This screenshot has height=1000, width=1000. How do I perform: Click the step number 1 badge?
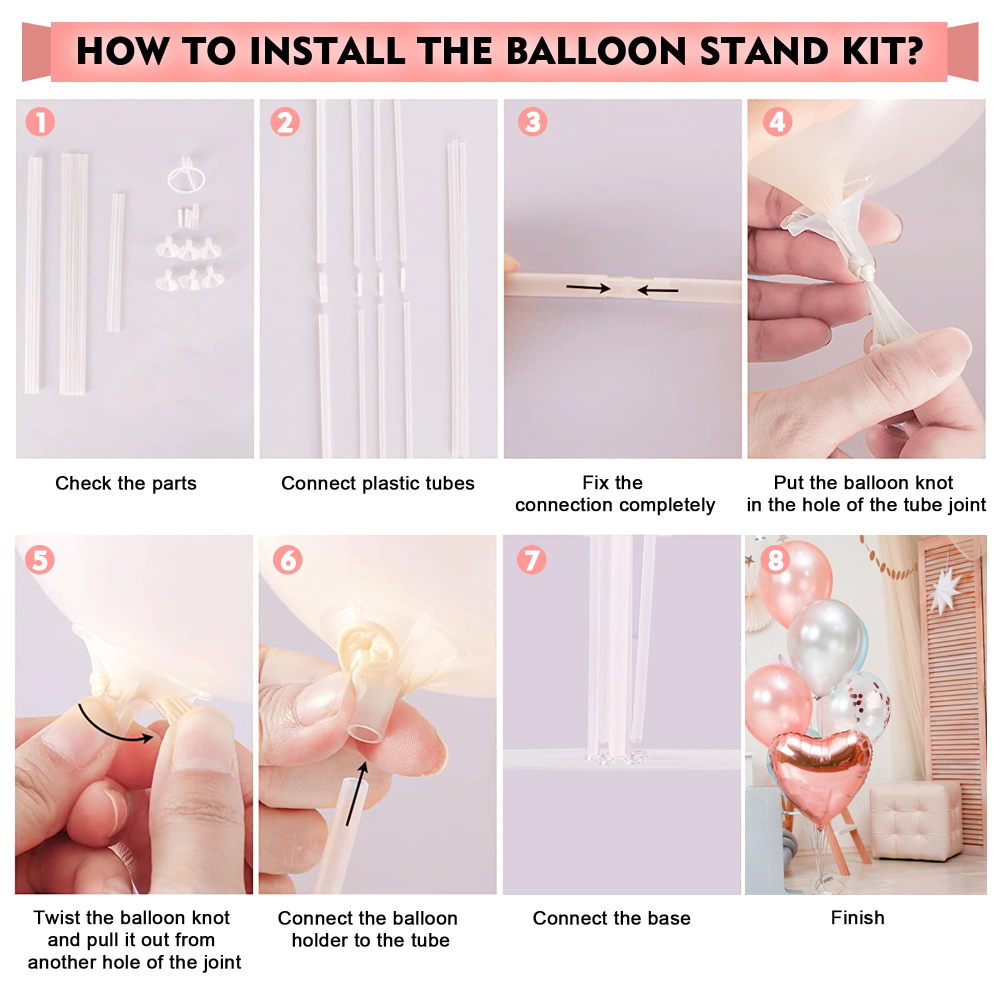click(40, 122)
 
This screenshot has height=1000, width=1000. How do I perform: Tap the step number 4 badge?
click(777, 122)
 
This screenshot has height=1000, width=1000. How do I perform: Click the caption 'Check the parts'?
click(126, 483)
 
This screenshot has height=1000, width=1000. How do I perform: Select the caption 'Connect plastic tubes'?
click(377, 483)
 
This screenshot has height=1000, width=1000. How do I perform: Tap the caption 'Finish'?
click(857, 917)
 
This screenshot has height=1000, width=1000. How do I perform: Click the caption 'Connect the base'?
click(611, 918)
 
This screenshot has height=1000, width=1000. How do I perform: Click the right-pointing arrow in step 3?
click(588, 288)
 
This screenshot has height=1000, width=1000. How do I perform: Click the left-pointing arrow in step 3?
click(657, 290)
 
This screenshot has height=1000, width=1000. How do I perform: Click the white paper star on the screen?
click(945, 590)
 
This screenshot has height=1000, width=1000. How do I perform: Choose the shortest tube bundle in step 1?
click(116, 262)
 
